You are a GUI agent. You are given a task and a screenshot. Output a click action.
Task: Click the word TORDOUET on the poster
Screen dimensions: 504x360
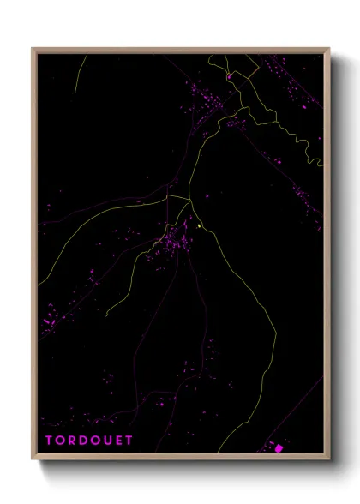(x=85, y=441)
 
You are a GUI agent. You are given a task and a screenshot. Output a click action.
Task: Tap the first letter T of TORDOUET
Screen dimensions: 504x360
(x=49, y=441)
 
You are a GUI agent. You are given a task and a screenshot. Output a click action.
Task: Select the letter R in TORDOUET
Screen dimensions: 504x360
(x=71, y=441)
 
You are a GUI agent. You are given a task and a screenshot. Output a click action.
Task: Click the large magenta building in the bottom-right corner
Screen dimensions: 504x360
(x=278, y=447)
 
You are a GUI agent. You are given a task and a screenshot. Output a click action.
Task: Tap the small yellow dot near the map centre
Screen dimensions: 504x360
(x=200, y=226)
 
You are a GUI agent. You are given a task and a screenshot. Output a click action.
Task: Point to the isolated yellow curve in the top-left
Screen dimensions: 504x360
(x=78, y=77)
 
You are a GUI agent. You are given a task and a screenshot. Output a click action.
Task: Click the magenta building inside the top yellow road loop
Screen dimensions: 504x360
(x=230, y=77)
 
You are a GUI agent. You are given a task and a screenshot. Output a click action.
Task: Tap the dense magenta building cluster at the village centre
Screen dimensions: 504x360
(x=178, y=240)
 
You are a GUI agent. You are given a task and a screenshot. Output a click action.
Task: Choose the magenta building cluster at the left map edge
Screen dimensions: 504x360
(x=49, y=319)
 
